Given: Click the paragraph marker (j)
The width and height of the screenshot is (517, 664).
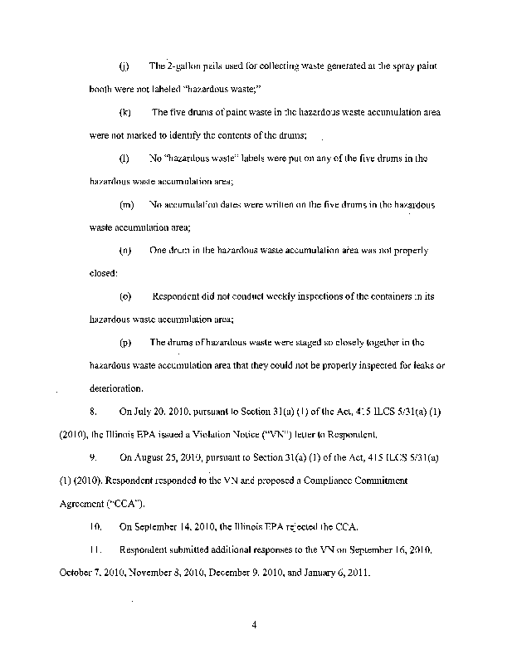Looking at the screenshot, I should point(124,66).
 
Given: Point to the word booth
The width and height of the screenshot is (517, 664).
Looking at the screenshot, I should point(101,89).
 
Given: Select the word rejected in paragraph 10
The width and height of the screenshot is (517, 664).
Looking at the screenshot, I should point(291,525).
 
